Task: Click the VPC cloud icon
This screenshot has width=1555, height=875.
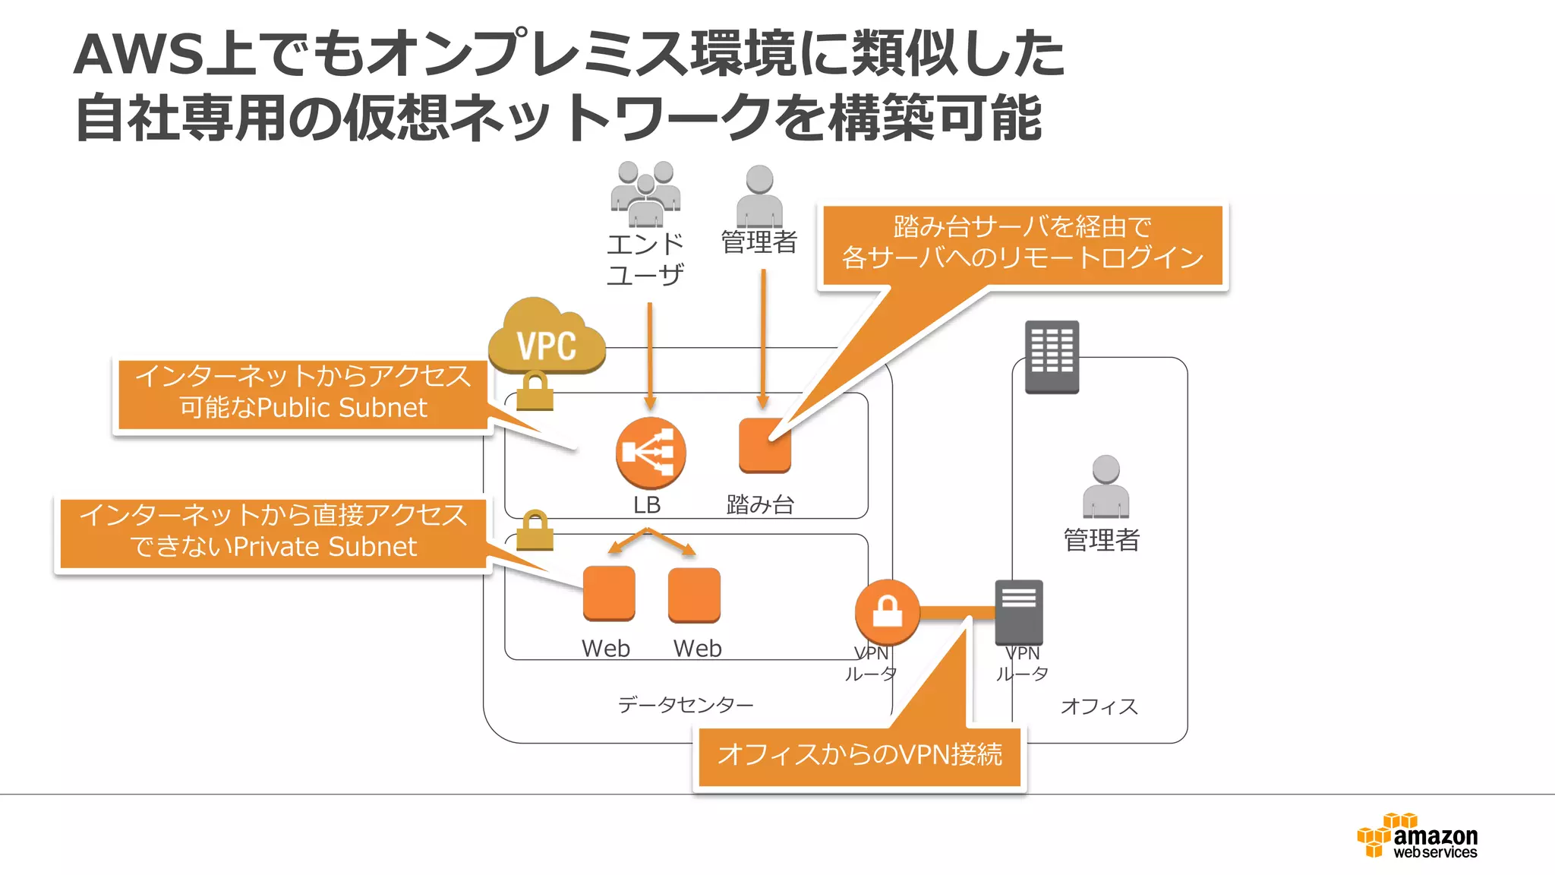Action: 546,339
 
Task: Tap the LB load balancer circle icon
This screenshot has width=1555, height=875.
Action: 651,453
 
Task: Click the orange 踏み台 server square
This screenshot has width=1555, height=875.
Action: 765,446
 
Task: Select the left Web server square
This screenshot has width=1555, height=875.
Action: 609,593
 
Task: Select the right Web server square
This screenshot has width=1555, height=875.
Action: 694,595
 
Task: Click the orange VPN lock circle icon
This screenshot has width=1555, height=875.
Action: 887,611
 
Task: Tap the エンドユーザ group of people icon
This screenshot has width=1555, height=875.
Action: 645,194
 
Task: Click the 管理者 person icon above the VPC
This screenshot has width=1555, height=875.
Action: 759,196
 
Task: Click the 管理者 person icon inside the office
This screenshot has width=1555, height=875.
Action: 1106,487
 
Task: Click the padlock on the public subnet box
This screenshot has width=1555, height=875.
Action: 535,390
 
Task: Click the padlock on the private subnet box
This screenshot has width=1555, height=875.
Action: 535,530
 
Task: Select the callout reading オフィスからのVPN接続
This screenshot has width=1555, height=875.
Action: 860,756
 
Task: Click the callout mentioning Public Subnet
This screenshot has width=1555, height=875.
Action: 303,393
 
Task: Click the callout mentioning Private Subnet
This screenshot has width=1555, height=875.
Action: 273,532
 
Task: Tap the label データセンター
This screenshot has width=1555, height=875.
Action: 686,705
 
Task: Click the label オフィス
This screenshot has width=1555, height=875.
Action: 1099,706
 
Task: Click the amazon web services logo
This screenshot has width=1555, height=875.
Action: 1418,836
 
